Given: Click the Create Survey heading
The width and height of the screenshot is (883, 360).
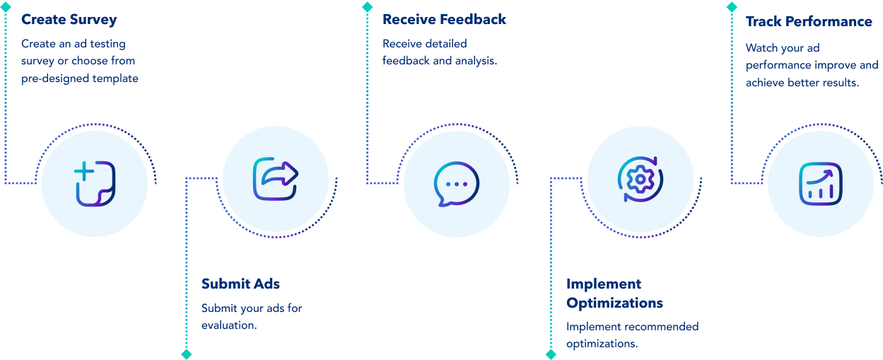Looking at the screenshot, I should point(69,19).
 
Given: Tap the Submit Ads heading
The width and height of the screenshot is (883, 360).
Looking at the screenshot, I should point(240,284).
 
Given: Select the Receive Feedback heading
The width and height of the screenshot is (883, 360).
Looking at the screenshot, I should point(444,19).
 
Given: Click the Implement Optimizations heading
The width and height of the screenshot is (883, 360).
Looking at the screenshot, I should point(614,293).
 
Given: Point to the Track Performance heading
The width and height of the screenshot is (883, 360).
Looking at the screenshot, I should point(809,21).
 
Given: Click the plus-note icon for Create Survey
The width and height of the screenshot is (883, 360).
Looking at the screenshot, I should point(95,184).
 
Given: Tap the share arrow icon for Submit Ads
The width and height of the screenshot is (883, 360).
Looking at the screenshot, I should point(276,180).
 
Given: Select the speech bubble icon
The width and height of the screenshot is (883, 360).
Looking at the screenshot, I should point(457,184).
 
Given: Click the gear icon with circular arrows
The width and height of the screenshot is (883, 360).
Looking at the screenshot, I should point(640,179).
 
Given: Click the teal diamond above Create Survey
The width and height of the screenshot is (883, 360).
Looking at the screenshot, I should point(5,6).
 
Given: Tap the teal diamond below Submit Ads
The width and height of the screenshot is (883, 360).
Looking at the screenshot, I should point(186,354).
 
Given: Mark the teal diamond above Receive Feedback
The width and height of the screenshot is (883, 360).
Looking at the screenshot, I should point(367,6).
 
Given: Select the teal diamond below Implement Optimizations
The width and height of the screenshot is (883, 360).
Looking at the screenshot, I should point(551,354).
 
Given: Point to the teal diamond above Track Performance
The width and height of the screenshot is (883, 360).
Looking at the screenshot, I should point(732,6).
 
